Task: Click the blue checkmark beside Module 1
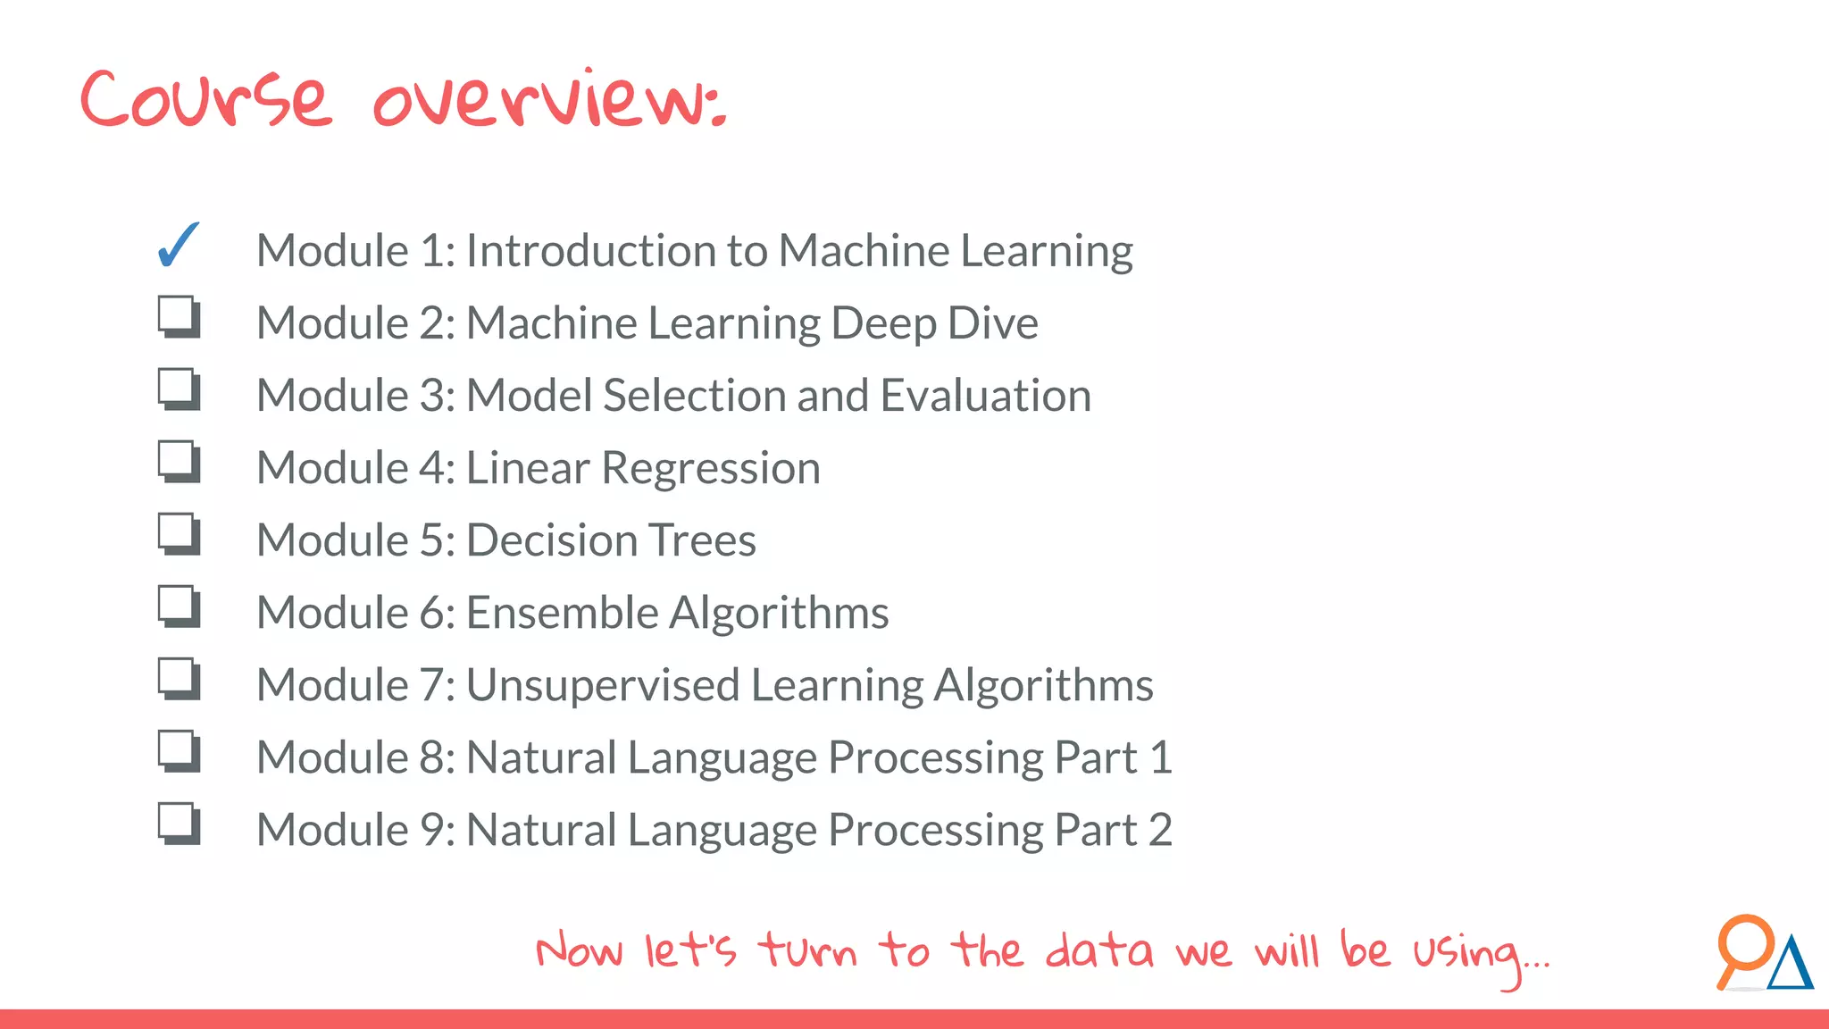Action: point(178,246)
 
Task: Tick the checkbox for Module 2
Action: point(179,317)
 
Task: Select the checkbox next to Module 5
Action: point(179,534)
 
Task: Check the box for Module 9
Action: point(179,824)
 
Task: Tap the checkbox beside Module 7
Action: point(179,679)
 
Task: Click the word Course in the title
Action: point(206,98)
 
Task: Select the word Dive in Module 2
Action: point(992,323)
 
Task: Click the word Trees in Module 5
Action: point(702,541)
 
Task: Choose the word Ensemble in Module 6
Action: point(562,614)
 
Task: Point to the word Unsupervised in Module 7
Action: point(603,686)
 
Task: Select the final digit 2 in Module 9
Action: point(1159,831)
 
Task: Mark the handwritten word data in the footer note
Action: point(1098,950)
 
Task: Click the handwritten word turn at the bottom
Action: point(808,950)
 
